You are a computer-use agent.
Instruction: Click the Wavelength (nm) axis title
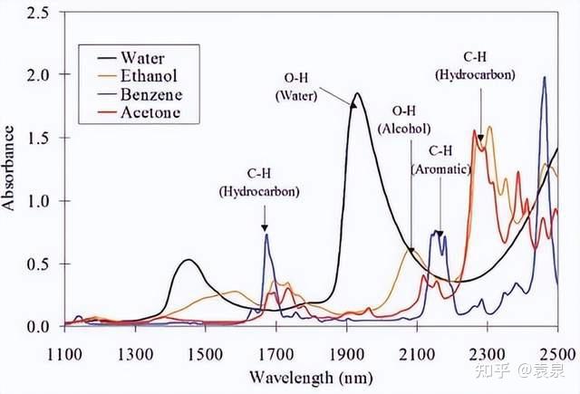[311, 374]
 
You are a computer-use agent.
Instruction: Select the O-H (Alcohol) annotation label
[403, 120]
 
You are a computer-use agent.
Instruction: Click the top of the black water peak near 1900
[356, 93]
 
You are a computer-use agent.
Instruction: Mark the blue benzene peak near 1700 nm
[266, 235]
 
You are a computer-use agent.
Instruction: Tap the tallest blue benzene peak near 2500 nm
[544, 77]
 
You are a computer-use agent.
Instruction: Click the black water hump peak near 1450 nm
[188, 260]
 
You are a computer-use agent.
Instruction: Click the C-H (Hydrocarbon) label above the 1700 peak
[259, 184]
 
